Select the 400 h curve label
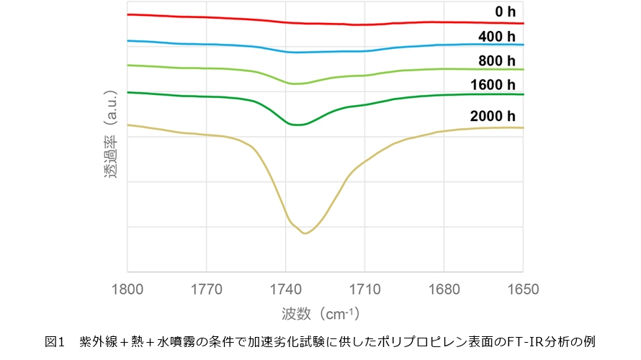pyautogui.click(x=498, y=36)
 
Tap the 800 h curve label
pyautogui.click(x=498, y=60)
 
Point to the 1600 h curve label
pyautogui.click(x=493, y=85)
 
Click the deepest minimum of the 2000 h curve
pyautogui.click(x=305, y=233)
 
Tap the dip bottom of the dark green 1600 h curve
pyautogui.click(x=297, y=125)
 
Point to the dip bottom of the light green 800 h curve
pyautogui.click(x=296, y=84)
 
